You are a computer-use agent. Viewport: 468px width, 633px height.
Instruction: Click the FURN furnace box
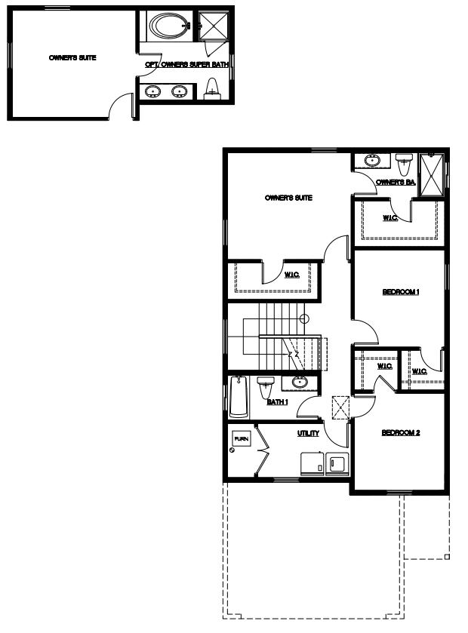(242, 438)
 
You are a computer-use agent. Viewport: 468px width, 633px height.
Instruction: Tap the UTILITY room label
(308, 433)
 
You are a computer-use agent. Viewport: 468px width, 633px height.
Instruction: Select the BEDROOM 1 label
(401, 291)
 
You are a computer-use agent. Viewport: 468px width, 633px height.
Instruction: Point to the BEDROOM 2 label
(401, 433)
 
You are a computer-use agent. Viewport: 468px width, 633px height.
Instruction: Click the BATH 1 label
(278, 402)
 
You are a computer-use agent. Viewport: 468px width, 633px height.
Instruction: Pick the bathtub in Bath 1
(239, 397)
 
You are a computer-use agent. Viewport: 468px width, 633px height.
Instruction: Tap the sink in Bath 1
(300, 382)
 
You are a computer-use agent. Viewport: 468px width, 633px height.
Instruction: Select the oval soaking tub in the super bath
(170, 26)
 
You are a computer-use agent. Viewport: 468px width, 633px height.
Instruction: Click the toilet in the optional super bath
(212, 89)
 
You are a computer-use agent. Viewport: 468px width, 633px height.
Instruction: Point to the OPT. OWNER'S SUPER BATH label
(186, 65)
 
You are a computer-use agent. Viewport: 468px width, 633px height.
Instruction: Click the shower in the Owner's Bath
(432, 174)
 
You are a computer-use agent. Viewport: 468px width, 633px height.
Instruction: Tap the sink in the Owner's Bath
(372, 160)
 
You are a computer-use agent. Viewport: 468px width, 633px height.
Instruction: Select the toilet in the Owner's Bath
(403, 164)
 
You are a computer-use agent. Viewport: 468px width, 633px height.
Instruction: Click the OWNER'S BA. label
(396, 182)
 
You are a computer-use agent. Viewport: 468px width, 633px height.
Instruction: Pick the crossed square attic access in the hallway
(340, 407)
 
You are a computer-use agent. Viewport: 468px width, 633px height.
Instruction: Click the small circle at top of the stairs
(304, 319)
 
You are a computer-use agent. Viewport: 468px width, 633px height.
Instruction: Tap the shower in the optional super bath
(214, 26)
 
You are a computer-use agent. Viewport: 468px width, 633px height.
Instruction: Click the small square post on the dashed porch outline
(447, 557)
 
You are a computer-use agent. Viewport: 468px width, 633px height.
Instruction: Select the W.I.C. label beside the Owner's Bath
(390, 218)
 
